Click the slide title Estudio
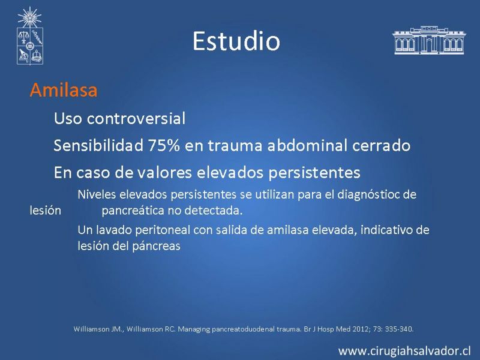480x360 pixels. tap(236, 41)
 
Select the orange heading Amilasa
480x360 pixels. tap(64, 90)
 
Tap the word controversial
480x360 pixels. tap(136, 118)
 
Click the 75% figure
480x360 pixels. tap(164, 145)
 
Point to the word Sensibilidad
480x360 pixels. tap(98, 145)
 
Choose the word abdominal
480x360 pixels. tap(307, 145)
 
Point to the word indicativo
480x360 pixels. tap(386, 230)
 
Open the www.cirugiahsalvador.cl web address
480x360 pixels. tap(404, 351)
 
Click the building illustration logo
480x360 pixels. tap(429, 40)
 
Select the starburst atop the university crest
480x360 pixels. tap(29, 17)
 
